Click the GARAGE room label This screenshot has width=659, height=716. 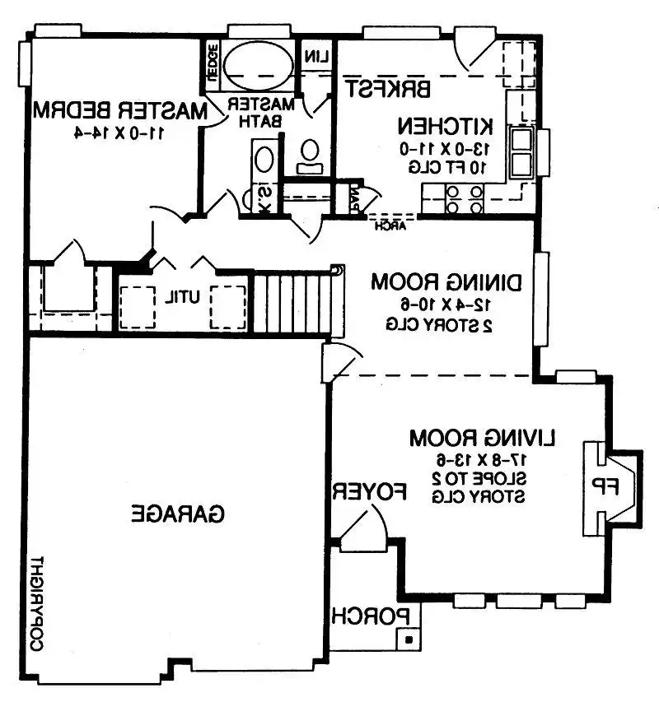[x=179, y=514]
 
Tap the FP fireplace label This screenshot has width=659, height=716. [x=605, y=487]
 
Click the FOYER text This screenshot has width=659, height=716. [x=370, y=491]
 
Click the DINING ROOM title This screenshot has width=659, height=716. [x=446, y=281]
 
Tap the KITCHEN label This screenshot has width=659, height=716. [x=446, y=127]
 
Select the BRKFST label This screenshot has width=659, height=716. [x=388, y=87]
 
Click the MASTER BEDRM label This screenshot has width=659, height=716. [x=119, y=109]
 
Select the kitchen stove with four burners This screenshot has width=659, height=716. [x=463, y=199]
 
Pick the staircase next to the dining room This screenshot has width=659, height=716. [x=293, y=302]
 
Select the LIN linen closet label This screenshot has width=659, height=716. [x=316, y=57]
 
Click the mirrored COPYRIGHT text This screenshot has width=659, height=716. [x=36, y=605]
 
